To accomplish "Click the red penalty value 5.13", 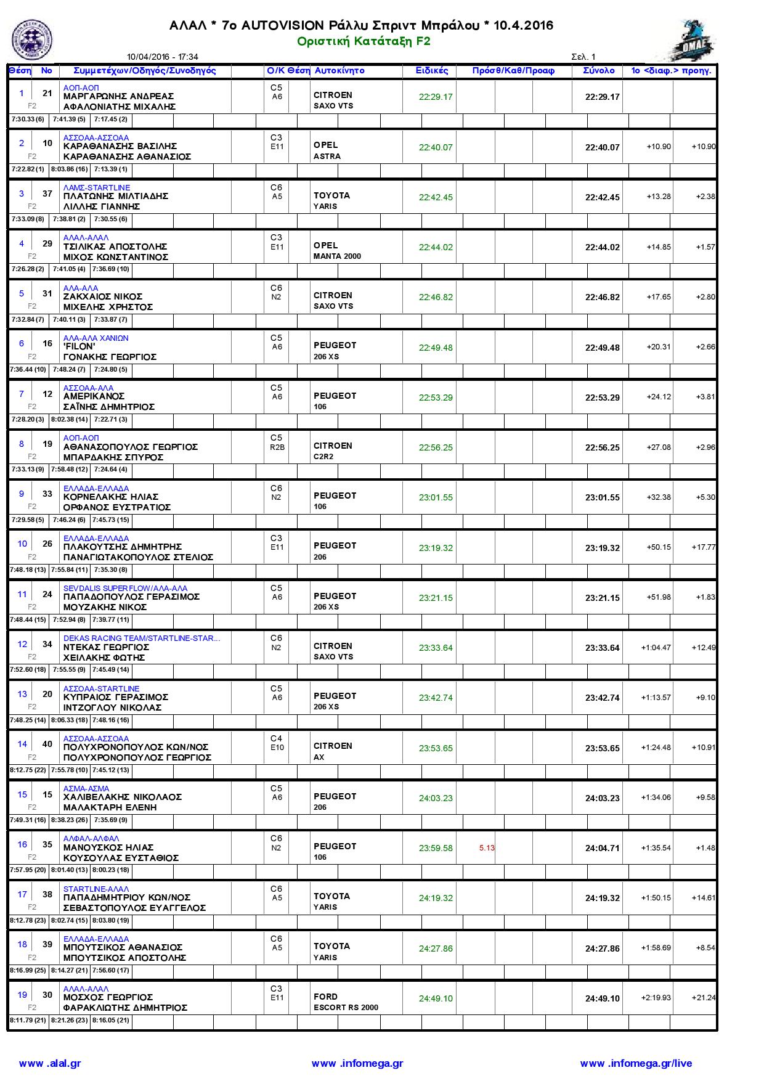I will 487,848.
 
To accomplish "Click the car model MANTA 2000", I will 337,256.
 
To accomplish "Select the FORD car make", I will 325,997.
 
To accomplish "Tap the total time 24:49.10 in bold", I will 602,998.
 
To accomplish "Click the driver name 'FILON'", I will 79,346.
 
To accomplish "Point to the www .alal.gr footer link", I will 50,1063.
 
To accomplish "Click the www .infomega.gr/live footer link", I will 636,1063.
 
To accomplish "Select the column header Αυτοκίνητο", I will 339,71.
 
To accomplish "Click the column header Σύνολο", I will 598,71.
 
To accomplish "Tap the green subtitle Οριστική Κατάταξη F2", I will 364,41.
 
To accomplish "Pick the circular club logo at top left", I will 32,39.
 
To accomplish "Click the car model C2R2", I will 323,457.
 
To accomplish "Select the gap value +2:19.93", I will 656,998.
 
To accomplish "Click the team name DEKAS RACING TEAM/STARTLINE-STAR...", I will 141,638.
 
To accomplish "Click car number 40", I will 47,744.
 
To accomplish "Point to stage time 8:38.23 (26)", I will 69,820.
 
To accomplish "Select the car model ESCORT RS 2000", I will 346,1008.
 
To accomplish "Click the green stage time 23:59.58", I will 436,848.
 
